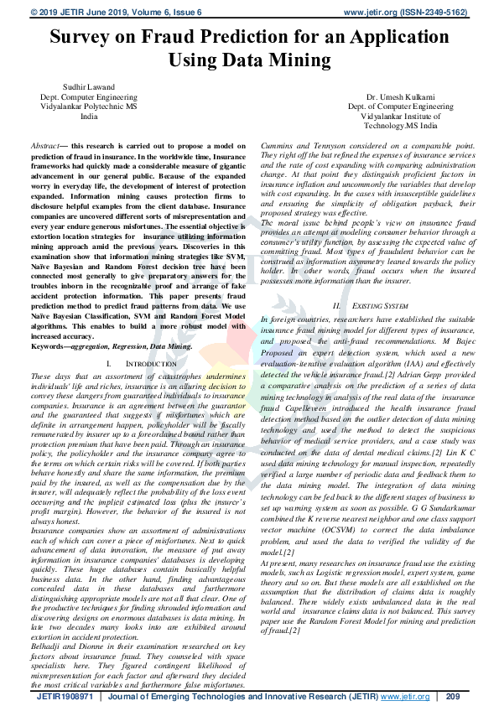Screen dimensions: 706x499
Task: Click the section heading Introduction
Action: [138, 365]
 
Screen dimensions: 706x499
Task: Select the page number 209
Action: [453, 696]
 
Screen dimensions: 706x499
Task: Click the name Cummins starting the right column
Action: [279, 146]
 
